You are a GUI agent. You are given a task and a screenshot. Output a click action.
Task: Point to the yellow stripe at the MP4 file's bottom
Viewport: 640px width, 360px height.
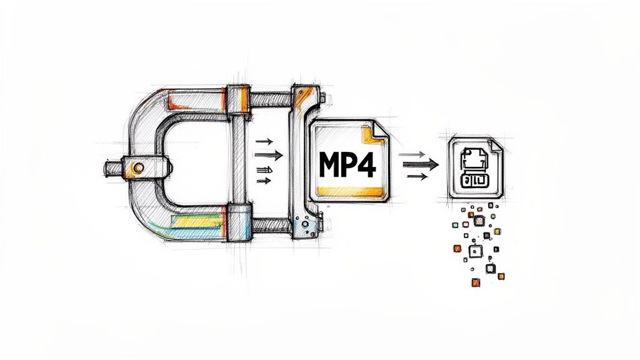(347, 190)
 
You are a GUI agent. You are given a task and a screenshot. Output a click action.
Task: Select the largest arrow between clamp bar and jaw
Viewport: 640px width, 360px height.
(269, 154)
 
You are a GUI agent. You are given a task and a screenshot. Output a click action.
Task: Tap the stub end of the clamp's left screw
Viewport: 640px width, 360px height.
(110, 167)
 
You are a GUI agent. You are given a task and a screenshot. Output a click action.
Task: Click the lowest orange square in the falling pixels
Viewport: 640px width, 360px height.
(476, 282)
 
